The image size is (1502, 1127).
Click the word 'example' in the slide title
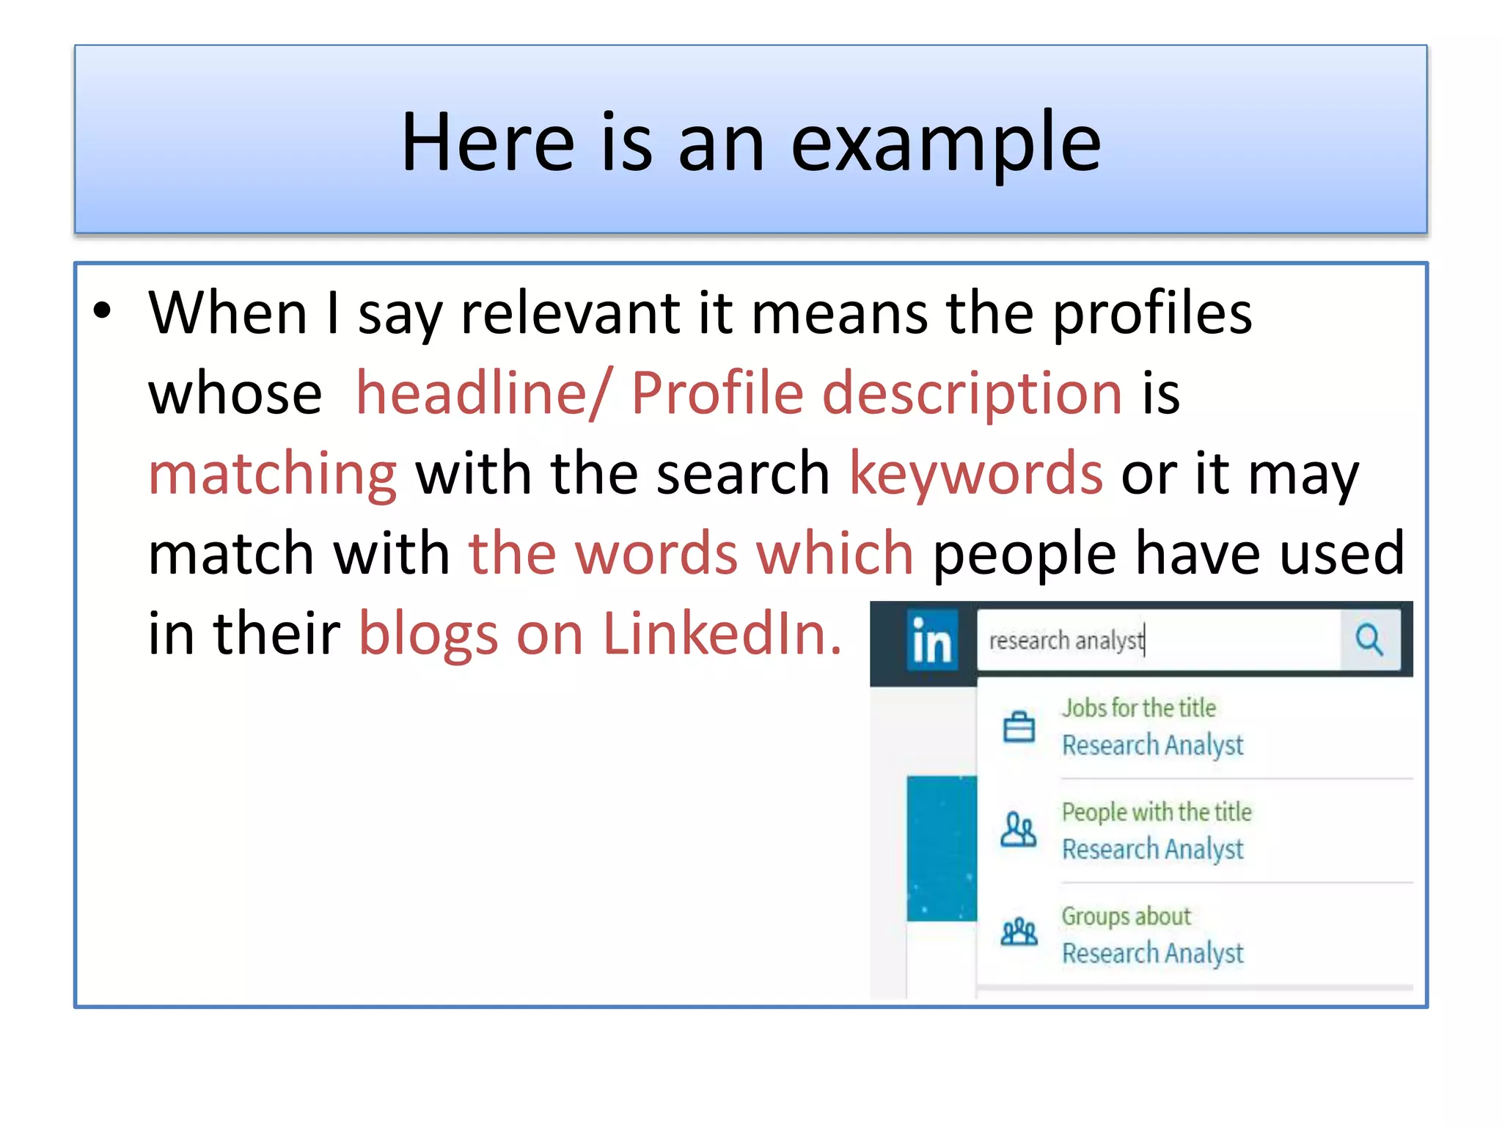pyautogui.click(x=946, y=143)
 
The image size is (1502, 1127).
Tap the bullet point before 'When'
pyautogui.click(x=103, y=310)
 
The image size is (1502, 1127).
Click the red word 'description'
pyautogui.click(x=972, y=395)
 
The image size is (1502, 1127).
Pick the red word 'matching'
pyautogui.click(x=273, y=475)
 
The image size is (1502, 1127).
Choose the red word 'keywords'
pyautogui.click(x=975, y=473)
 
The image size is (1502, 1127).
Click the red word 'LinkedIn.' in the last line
pyautogui.click(x=722, y=633)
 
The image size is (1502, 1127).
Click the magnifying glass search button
pyautogui.click(x=1369, y=640)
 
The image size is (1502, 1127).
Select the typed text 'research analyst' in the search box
pyautogui.click(x=1066, y=641)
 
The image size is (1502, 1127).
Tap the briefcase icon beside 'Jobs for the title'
pyautogui.click(x=1019, y=727)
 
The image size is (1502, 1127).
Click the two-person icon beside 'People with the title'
pyautogui.click(x=1019, y=831)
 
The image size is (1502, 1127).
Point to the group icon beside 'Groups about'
pyautogui.click(x=1019, y=933)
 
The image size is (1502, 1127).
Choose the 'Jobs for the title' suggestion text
pyautogui.click(x=1139, y=708)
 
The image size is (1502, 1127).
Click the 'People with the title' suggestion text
pyautogui.click(x=1157, y=812)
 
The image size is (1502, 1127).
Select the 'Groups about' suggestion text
pyautogui.click(x=1126, y=916)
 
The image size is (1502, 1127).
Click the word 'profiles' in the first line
pyautogui.click(x=1152, y=313)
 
